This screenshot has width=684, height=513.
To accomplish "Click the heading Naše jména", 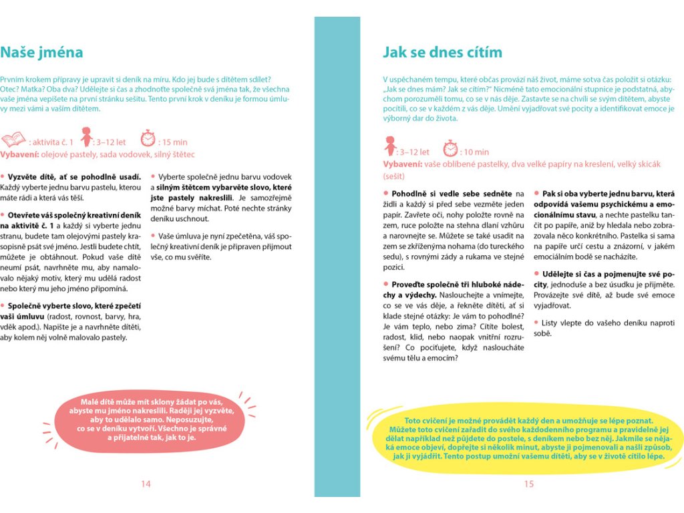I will click(x=41, y=52).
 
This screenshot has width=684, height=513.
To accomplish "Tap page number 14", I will click(x=146, y=484).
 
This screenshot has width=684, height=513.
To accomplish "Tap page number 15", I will click(x=528, y=484).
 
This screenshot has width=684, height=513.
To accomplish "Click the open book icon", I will click(x=13, y=140).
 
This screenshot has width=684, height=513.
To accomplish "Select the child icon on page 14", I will click(x=85, y=138).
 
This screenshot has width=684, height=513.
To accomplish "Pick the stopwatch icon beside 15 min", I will click(x=148, y=138).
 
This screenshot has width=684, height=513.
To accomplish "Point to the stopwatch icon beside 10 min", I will click(x=452, y=148).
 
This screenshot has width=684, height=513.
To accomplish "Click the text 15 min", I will click(x=173, y=142).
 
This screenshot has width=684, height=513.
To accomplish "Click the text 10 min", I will click(x=475, y=152).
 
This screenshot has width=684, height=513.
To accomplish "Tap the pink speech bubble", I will click(x=146, y=419).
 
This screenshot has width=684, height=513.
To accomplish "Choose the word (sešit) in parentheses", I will click(x=394, y=176).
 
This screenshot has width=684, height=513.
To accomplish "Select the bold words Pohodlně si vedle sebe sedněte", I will click(x=452, y=194).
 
